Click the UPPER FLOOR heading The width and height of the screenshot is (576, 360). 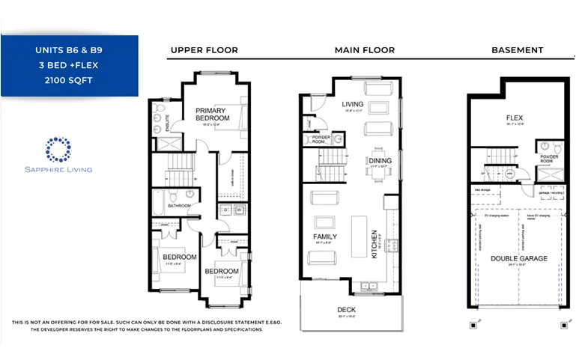click(x=204, y=50)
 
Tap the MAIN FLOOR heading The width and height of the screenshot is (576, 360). click(x=366, y=50)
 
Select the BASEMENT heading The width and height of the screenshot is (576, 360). click(x=517, y=50)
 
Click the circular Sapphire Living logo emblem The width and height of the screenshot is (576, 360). click(x=58, y=149)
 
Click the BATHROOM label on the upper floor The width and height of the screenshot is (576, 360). click(x=180, y=206)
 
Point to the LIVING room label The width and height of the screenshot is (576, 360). click(x=352, y=105)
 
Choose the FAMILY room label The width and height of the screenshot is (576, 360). click(x=325, y=237)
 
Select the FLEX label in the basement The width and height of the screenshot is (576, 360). click(x=514, y=118)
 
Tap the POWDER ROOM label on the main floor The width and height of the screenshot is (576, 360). click(x=321, y=138)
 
